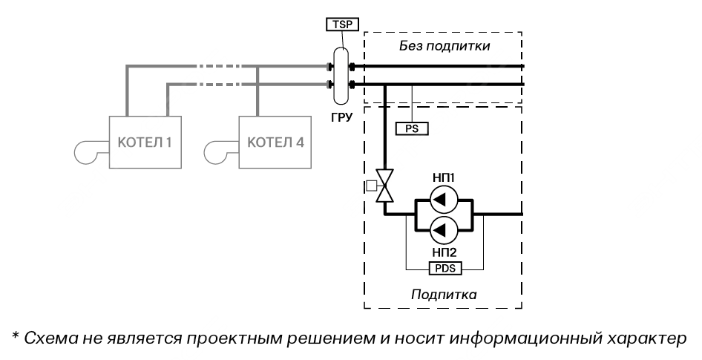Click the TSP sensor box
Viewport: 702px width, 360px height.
[343, 24]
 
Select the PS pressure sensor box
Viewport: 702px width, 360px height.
[413, 128]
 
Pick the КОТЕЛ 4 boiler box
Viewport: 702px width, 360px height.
[275, 142]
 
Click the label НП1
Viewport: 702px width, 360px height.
[444, 178]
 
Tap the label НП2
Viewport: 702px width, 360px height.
[444, 252]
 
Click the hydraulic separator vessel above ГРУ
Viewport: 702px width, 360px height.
[343, 75]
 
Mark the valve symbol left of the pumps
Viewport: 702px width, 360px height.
[385, 186]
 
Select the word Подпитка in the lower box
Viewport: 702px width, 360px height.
[444, 295]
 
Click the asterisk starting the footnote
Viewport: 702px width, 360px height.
[15, 336]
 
